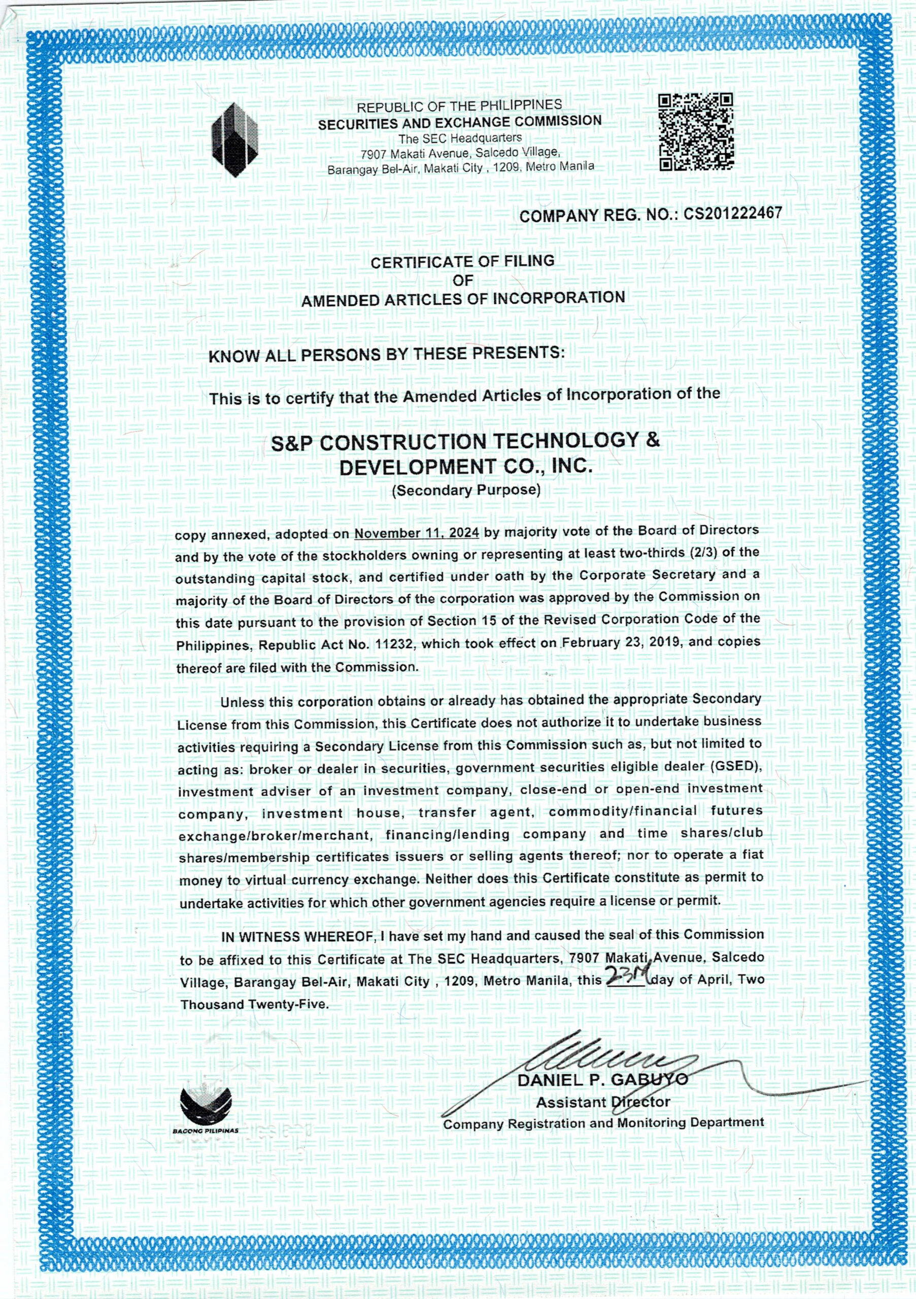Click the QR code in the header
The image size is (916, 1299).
coord(696,132)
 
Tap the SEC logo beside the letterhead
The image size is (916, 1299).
coord(234,139)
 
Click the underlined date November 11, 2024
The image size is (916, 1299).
coord(417,533)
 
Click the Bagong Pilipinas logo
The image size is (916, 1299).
coord(206,1107)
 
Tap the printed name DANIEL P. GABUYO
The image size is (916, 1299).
coord(602,1079)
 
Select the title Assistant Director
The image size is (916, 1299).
coord(602,1102)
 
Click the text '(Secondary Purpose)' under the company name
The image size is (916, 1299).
coord(466,490)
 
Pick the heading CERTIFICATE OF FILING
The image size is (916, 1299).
coord(462,262)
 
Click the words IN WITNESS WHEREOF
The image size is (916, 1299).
coord(298,937)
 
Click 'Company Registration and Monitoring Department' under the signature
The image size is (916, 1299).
coord(603,1123)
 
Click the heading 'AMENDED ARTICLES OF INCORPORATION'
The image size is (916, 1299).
coord(463,299)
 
